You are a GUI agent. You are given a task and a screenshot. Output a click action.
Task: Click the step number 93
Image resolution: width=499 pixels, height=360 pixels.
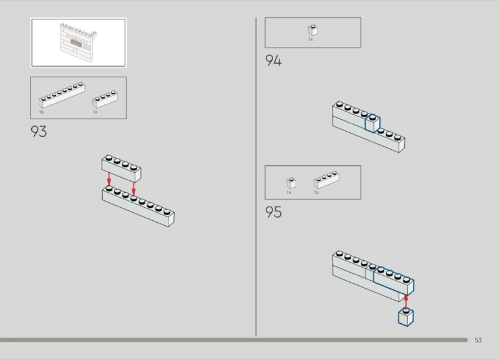(x=39, y=132)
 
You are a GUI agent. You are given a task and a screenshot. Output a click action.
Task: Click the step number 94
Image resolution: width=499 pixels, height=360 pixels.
(x=273, y=61)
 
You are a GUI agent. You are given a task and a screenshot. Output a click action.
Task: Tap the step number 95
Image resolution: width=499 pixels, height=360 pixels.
(x=273, y=212)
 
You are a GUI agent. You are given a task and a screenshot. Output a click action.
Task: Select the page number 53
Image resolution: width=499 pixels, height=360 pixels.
(x=478, y=340)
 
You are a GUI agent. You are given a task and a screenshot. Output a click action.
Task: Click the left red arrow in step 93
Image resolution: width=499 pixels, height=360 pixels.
(x=109, y=179)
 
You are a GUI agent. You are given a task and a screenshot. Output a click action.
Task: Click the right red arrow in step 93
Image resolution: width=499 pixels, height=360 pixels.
(x=133, y=187)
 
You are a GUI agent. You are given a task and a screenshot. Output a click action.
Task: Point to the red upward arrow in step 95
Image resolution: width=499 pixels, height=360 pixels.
(x=406, y=301)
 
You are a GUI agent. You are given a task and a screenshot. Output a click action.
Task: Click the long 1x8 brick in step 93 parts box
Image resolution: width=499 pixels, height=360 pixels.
(x=62, y=95)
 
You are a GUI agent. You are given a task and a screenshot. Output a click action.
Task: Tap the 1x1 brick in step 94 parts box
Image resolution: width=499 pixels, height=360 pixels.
(x=312, y=30)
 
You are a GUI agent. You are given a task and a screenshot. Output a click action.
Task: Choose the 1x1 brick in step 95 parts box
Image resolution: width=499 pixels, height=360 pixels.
(x=291, y=182)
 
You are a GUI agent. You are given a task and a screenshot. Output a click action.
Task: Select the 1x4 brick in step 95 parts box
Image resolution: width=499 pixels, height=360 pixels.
(x=327, y=180)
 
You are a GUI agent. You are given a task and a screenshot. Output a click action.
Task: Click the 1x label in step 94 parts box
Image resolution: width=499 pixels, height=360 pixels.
(x=311, y=40)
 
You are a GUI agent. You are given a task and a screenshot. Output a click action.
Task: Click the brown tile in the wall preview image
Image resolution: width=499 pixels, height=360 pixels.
(x=77, y=42)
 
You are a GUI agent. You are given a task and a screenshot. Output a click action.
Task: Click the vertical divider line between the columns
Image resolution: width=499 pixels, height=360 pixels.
(x=256, y=175)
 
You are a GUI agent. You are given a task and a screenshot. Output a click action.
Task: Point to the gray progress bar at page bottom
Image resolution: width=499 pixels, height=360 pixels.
(x=234, y=340)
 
